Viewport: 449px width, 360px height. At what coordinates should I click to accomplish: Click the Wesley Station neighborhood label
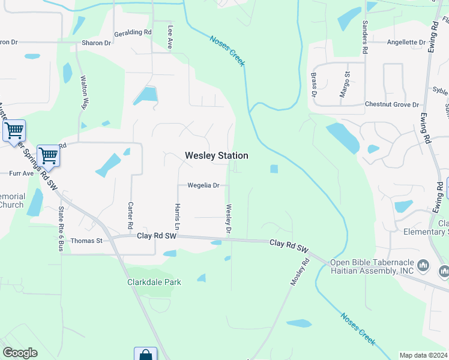point(216,155)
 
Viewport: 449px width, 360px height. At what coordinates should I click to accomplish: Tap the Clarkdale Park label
point(154,282)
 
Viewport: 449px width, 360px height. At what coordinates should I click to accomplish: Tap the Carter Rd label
point(130,214)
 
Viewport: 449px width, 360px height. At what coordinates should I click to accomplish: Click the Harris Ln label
point(177,217)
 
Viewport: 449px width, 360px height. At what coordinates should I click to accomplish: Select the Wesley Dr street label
point(228,219)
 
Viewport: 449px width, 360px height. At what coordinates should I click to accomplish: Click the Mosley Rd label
point(300,271)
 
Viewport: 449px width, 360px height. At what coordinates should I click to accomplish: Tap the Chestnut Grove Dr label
point(391,104)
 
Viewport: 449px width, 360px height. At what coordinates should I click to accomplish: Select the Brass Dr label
point(313,85)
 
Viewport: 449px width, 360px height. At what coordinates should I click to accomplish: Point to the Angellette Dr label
point(406,43)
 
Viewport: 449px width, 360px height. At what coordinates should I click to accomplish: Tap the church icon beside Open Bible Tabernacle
point(423,265)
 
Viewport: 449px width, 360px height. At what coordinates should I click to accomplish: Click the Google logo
point(20,353)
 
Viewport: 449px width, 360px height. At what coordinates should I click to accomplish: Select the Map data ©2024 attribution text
point(423,355)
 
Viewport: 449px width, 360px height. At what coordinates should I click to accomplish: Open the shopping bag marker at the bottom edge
point(145,354)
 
